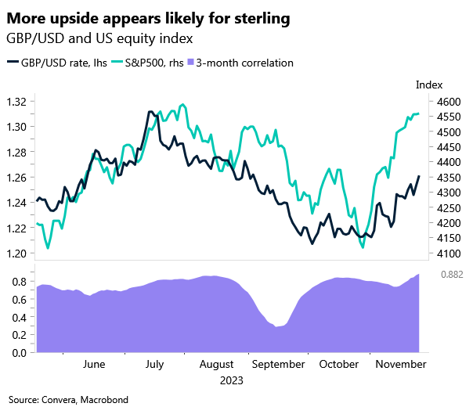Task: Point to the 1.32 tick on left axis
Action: (16, 102)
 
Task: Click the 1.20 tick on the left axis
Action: (16, 254)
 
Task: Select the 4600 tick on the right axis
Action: (448, 102)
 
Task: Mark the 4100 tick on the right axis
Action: (448, 254)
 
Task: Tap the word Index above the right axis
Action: (429, 85)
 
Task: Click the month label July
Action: (154, 365)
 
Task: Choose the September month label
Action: (279, 365)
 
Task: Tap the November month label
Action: (399, 365)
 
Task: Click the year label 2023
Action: (230, 381)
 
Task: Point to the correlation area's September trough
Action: (277, 327)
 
